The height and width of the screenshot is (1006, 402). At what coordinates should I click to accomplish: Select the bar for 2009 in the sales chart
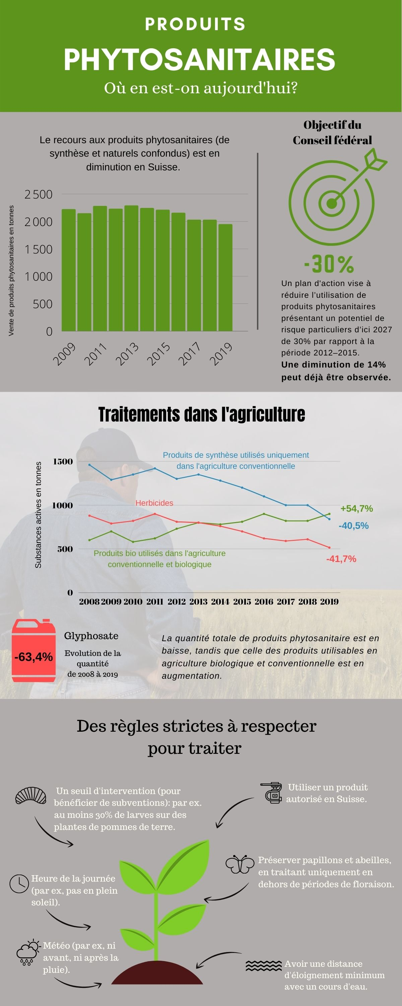coord(69,270)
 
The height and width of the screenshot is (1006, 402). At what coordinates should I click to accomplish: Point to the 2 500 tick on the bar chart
coord(38,194)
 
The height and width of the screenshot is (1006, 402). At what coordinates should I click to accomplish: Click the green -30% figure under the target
coord(329,264)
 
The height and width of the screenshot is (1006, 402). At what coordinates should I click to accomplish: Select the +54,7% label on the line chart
coord(356,508)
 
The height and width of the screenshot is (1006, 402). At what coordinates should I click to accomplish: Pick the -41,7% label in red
coord(341,559)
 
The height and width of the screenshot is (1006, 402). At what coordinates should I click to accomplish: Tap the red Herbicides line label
coord(154,503)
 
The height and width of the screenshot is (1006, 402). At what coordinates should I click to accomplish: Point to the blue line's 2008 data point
coord(89,465)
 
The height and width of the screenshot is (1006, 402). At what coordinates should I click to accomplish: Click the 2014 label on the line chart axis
coord(220,602)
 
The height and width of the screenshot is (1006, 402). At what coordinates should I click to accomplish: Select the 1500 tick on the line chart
coord(63,462)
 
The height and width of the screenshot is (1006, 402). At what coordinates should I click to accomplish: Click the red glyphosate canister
coord(33,651)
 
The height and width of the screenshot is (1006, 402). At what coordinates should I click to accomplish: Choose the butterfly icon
coord(240,864)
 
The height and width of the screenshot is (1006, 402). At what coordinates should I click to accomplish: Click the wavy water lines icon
coord(263,966)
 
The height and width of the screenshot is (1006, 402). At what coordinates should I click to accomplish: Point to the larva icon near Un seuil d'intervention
coord(31,795)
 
